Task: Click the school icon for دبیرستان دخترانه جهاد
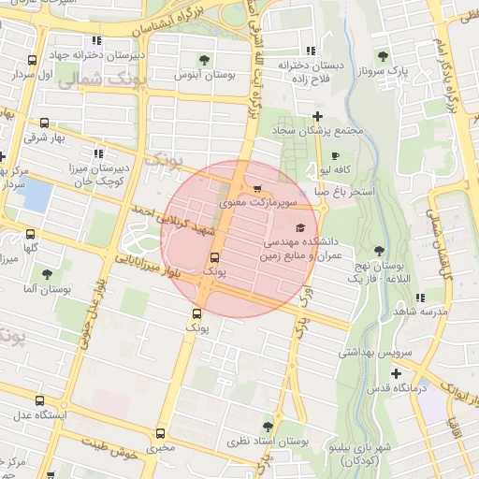click(x=96, y=41)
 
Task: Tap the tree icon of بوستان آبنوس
click(x=178, y=58)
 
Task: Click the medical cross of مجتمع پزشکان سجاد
click(x=318, y=117)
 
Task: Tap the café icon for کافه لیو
click(x=336, y=155)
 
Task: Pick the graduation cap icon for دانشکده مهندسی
click(x=299, y=227)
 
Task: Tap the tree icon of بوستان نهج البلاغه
click(x=379, y=251)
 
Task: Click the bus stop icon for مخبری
click(x=160, y=433)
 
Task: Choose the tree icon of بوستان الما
click(x=47, y=275)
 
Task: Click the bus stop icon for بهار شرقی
click(x=43, y=123)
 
